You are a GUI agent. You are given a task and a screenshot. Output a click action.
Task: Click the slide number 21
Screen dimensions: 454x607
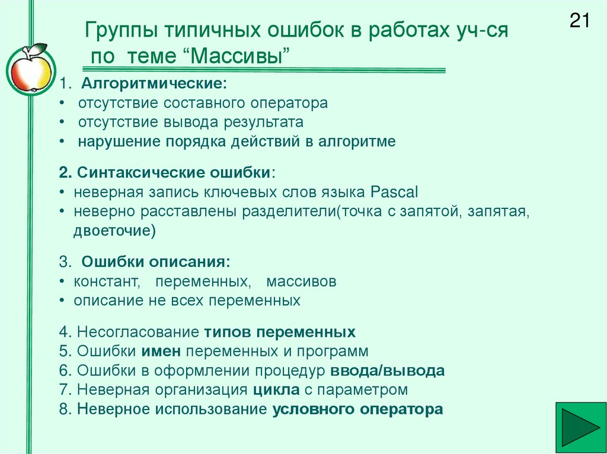coord(579,21)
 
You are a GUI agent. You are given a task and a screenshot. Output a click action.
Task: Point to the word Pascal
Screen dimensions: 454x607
coord(394,192)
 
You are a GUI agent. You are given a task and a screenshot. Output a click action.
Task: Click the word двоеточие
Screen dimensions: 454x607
coord(114,231)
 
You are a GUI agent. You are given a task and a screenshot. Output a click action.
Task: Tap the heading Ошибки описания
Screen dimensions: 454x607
coord(155,262)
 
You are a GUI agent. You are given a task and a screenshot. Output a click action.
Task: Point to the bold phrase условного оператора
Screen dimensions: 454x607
coord(357,410)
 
